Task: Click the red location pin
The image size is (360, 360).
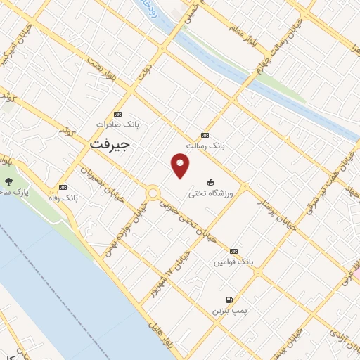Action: pos(181,166)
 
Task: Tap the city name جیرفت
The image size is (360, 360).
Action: pos(110,143)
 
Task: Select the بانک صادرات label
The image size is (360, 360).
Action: pos(118,124)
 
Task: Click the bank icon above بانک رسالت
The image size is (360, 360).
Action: pos(205,135)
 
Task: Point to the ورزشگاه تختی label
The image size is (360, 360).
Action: pos(209,191)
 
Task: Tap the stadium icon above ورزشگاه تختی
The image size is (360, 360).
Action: pos(210,181)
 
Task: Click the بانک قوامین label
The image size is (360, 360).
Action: pos(233,261)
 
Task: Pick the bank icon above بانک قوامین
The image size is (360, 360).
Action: pos(233,250)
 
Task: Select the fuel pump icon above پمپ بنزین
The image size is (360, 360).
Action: pos(229,300)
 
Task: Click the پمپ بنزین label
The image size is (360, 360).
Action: pos(229,310)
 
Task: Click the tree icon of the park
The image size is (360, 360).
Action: pos(8,181)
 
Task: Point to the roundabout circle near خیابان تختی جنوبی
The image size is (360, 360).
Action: pos(152,192)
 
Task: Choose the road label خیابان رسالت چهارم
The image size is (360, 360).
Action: pos(290,35)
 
